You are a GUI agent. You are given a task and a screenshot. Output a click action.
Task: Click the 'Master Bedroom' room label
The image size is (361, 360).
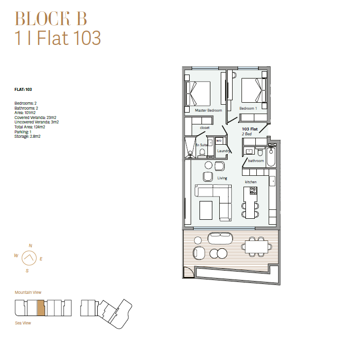[208, 111]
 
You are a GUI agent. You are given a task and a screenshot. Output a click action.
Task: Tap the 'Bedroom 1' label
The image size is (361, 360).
[248, 108]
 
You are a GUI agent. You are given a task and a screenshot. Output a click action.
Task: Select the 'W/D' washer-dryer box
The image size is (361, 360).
[219, 141]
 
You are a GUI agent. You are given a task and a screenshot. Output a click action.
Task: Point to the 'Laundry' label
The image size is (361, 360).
[223, 151]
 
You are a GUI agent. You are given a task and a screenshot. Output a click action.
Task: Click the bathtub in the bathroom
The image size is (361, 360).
[271, 157]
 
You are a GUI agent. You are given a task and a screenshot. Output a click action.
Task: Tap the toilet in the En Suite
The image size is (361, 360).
[202, 153]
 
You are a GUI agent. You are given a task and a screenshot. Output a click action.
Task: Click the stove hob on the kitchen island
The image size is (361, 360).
[253, 191]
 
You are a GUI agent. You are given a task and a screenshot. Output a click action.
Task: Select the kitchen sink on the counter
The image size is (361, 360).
[273, 181]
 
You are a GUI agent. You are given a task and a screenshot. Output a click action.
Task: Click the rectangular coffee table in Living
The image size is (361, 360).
[206, 210]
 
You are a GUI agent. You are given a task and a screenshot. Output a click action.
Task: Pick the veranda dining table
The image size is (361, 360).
[257, 247]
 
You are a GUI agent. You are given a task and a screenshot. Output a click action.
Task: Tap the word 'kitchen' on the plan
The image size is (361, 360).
[251, 182]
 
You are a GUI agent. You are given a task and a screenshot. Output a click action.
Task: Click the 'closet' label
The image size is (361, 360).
[204, 127]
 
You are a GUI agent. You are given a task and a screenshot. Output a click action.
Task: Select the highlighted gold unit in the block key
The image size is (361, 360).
[41, 308]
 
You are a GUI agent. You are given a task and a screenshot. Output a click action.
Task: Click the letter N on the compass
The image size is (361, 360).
[31, 245]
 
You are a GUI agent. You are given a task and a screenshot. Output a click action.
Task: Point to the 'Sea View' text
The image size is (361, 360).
[23, 323]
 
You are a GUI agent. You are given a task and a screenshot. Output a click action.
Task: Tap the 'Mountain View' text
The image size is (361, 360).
[28, 292]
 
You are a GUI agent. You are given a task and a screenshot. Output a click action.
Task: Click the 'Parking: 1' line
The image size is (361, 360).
[23, 132]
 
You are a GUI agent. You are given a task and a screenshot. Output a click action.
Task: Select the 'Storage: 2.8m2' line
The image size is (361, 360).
[27, 136]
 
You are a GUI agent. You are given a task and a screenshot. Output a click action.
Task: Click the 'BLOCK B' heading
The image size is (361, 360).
[51, 18]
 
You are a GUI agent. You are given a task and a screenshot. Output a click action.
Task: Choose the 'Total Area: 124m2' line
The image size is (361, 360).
[30, 127]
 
